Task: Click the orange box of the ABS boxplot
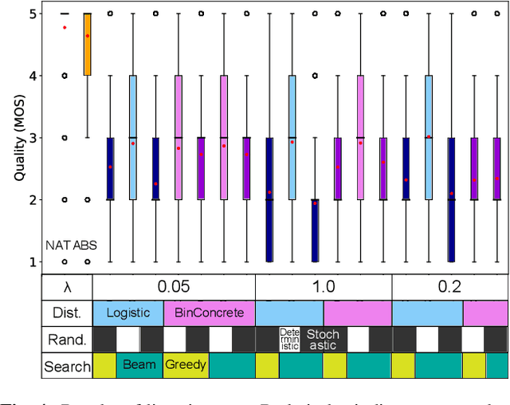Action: (88, 44)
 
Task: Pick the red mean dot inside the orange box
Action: (88, 36)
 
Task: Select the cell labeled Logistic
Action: (127, 313)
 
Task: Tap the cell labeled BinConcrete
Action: (209, 313)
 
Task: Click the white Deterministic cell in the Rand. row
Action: (289, 340)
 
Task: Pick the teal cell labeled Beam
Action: (139, 366)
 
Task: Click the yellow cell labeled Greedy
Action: (186, 366)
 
